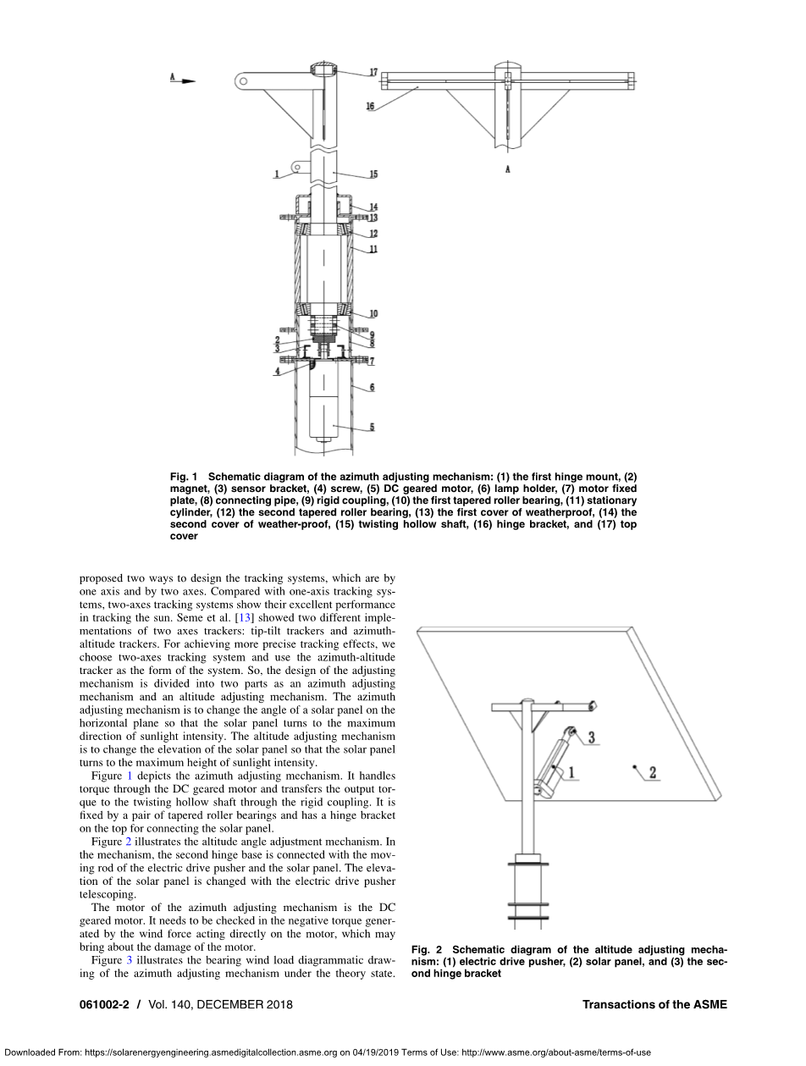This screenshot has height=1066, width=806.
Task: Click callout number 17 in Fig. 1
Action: pos(373,72)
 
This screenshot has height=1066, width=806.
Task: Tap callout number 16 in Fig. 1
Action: pos(371,106)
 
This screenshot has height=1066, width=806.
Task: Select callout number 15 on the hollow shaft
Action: pos(373,174)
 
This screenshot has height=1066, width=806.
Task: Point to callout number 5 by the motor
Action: pos(373,427)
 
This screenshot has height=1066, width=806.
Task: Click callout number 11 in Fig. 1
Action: pos(373,249)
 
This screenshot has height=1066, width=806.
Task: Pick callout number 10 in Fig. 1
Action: pos(373,314)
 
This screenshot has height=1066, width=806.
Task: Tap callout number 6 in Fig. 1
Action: pos(373,387)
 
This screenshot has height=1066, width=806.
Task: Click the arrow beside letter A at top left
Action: pos(189,81)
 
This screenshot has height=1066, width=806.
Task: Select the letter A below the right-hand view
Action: pos(508,169)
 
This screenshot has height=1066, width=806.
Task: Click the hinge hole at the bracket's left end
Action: pos(243,81)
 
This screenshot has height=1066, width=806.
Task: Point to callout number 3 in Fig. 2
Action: pos(592,737)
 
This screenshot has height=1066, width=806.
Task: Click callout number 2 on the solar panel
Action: pos(653,772)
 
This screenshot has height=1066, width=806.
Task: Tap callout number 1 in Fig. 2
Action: pos(571,772)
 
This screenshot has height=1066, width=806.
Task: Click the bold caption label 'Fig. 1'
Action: pos(184,477)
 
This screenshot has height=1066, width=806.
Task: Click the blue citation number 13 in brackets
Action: pos(244,618)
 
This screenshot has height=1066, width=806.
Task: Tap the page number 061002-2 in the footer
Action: pos(104,1004)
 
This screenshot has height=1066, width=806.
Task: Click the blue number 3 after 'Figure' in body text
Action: pos(130,960)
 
